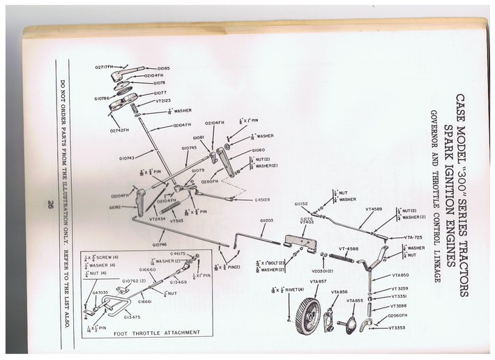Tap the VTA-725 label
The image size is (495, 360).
[x=414, y=237]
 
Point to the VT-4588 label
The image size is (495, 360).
[x=349, y=248]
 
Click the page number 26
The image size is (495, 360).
[x=52, y=204]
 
